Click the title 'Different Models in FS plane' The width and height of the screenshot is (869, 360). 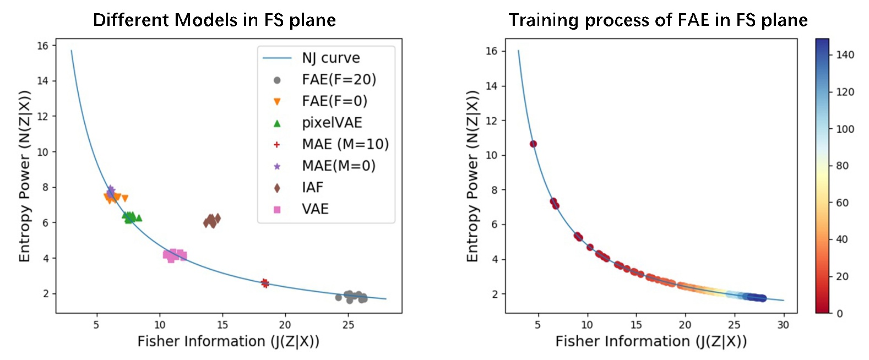[214, 20]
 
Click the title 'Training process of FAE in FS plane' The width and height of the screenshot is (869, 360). [658, 20]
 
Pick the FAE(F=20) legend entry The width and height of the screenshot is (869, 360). [338, 80]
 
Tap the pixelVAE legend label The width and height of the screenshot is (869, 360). [332, 123]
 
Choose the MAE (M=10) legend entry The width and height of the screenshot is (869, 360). [345, 144]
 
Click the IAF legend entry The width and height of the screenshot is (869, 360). [312, 188]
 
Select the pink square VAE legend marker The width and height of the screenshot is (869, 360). [277, 209]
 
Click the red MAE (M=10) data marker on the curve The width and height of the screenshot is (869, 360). [265, 283]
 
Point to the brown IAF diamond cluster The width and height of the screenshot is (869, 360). [211, 221]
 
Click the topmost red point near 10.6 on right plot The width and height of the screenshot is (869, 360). [533, 144]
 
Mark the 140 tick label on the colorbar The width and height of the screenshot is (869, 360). [845, 54]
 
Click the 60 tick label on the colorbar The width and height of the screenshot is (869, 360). [842, 203]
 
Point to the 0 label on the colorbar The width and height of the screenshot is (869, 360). [839, 313]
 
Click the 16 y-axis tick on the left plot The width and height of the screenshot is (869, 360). [43, 46]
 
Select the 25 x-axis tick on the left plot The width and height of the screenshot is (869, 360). [348, 325]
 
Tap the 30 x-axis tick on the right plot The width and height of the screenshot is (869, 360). [783, 325]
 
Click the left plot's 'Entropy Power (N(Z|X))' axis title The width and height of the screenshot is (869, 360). [25, 176]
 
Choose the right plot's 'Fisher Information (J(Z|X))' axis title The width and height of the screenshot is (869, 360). [651, 342]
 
